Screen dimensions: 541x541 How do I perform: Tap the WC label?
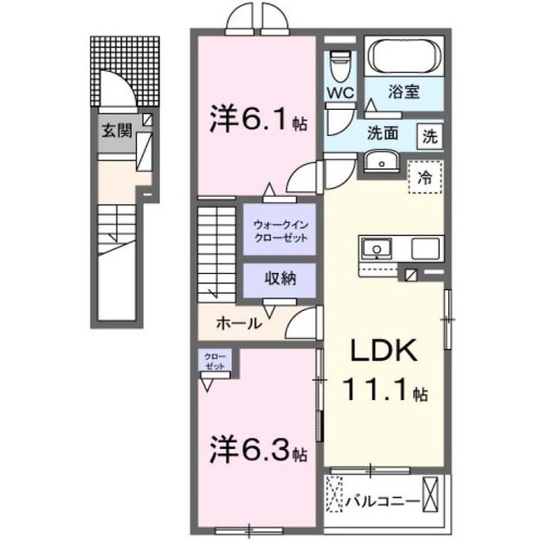(341, 90)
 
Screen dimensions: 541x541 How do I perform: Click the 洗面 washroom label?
(382, 134)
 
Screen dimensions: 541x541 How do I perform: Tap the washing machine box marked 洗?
(429, 135)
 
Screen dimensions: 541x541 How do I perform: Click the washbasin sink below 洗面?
(383, 162)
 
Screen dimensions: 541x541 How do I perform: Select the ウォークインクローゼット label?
(279, 232)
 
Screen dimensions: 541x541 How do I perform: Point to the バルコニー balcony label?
(381, 501)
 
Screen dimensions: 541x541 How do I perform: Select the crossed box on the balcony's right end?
(433, 491)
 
